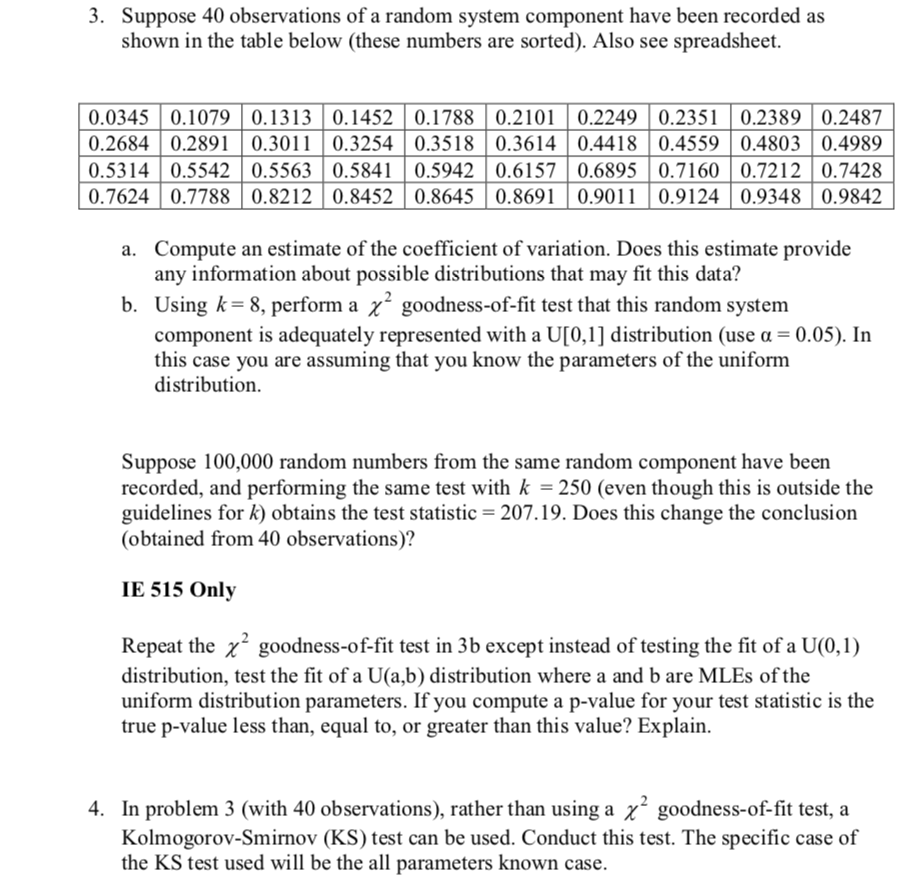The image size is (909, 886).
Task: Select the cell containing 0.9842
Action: tap(852, 196)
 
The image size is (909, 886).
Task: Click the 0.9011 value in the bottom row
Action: tap(607, 196)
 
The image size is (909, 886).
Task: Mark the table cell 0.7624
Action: tap(119, 196)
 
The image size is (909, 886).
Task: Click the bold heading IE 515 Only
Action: tap(178, 589)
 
